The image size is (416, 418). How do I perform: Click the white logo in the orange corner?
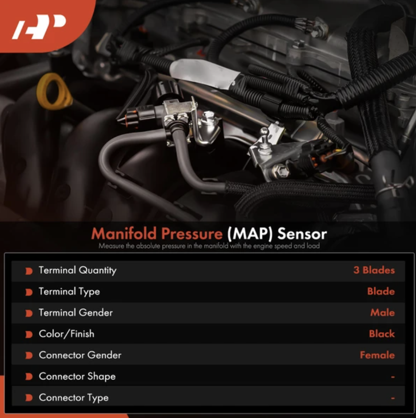(39, 27)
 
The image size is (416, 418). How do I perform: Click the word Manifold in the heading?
(124, 233)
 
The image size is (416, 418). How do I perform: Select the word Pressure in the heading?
(192, 233)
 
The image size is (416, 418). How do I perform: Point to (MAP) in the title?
(250, 233)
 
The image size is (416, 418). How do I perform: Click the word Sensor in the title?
(302, 234)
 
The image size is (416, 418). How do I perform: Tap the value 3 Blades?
(374, 270)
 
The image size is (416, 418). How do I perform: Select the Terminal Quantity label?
(77, 270)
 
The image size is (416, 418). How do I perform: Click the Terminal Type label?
(69, 292)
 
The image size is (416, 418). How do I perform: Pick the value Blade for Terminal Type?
(381, 291)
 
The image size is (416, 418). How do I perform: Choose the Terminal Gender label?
(76, 313)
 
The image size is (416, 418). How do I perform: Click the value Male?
(382, 313)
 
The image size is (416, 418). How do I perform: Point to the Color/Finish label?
(67, 334)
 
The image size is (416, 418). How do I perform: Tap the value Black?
(382, 334)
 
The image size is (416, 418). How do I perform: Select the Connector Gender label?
(80, 355)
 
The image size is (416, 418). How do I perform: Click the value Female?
(377, 355)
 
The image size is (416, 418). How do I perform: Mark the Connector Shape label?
(77, 376)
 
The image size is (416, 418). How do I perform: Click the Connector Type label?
(74, 398)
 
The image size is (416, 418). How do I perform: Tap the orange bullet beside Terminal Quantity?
(29, 271)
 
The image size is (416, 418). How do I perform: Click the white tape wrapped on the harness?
(203, 73)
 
